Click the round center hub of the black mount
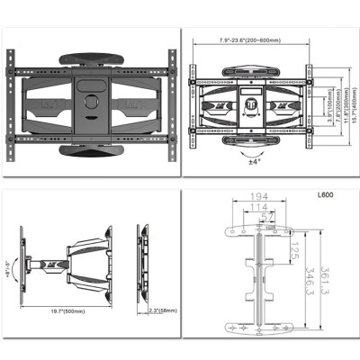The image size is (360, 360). coord(89,102)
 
